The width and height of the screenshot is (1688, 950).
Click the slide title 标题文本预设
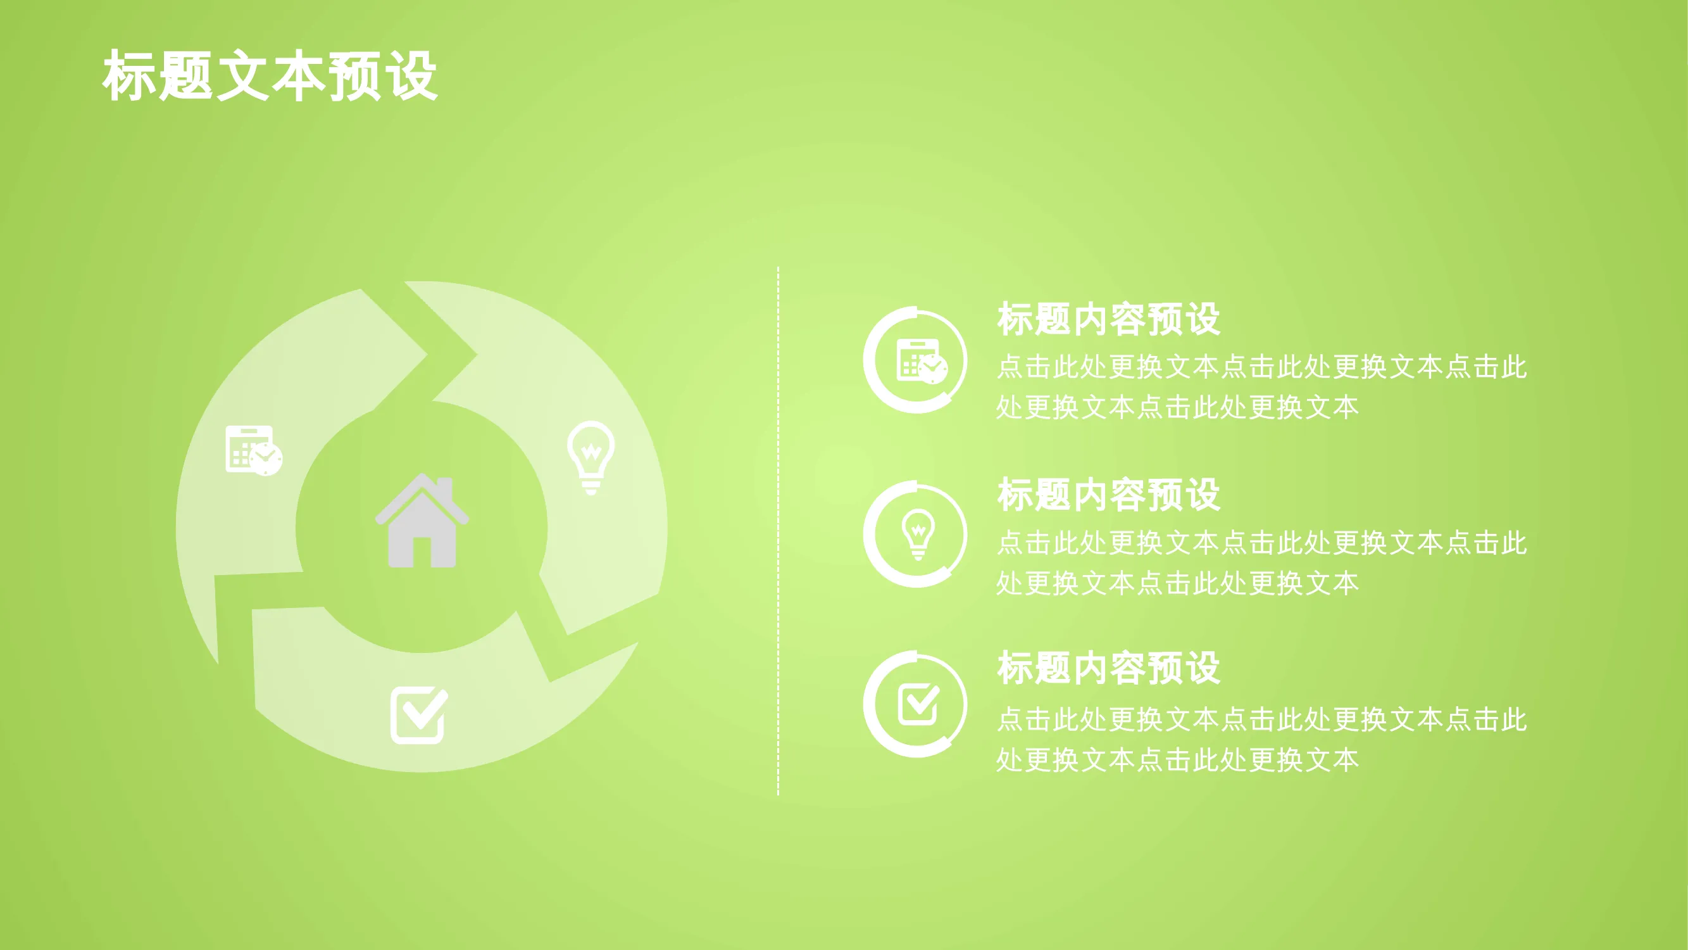click(270, 75)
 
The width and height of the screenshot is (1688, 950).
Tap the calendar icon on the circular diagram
click(254, 450)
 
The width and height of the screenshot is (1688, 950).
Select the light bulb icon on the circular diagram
click(591, 458)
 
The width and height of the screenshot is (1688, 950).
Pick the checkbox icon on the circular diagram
click(420, 715)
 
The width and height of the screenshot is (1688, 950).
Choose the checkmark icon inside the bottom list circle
click(919, 704)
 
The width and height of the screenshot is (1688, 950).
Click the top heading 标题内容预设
click(1109, 319)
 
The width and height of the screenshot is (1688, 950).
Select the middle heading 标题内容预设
click(1109, 495)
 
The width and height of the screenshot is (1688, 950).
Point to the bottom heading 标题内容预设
click(1109, 668)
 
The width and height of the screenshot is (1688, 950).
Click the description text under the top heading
click(1261, 387)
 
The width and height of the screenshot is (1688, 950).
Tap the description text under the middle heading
click(1261, 562)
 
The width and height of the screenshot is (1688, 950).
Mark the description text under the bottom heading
click(1261, 739)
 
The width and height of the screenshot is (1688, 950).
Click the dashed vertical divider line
click(778, 531)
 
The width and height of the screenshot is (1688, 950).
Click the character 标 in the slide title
click(129, 76)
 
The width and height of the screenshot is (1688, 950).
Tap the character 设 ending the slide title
click(411, 76)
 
